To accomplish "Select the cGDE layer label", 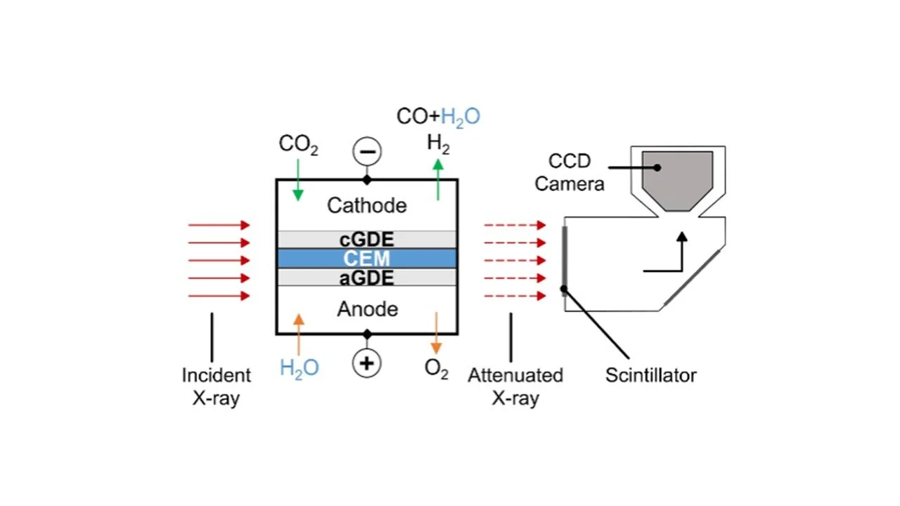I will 366,240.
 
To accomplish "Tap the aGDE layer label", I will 366,278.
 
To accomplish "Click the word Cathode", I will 366,205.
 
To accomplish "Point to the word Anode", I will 367,309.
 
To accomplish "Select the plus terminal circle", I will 366,363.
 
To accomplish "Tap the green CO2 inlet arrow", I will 298,180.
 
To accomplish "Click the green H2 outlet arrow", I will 438,179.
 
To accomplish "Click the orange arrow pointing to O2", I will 436,334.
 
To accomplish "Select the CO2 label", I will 298,144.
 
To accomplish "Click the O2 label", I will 436,370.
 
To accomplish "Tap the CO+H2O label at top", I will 438,117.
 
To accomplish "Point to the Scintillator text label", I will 650,375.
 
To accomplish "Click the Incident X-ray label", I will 216,387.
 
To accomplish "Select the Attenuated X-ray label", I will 515,387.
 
